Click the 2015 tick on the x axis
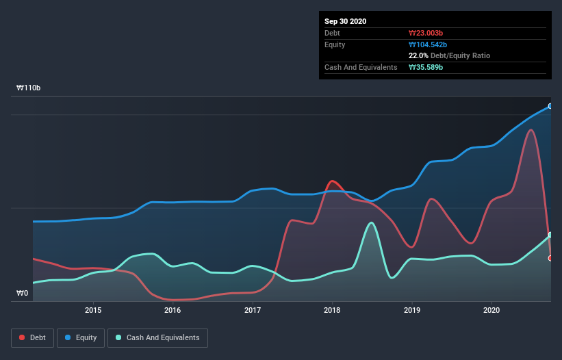(x=93, y=310)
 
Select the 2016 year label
(x=173, y=310)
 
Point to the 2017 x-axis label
(x=253, y=310)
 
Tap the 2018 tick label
(x=332, y=310)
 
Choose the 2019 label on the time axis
(x=412, y=310)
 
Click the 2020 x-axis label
(x=491, y=310)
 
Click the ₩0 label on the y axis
(x=23, y=294)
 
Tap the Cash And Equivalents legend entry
(x=157, y=337)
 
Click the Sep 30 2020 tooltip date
(x=346, y=21)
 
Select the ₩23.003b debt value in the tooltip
(x=426, y=33)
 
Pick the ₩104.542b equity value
(x=429, y=44)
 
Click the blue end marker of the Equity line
(x=550, y=106)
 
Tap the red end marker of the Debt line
(x=550, y=258)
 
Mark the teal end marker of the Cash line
(x=550, y=235)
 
